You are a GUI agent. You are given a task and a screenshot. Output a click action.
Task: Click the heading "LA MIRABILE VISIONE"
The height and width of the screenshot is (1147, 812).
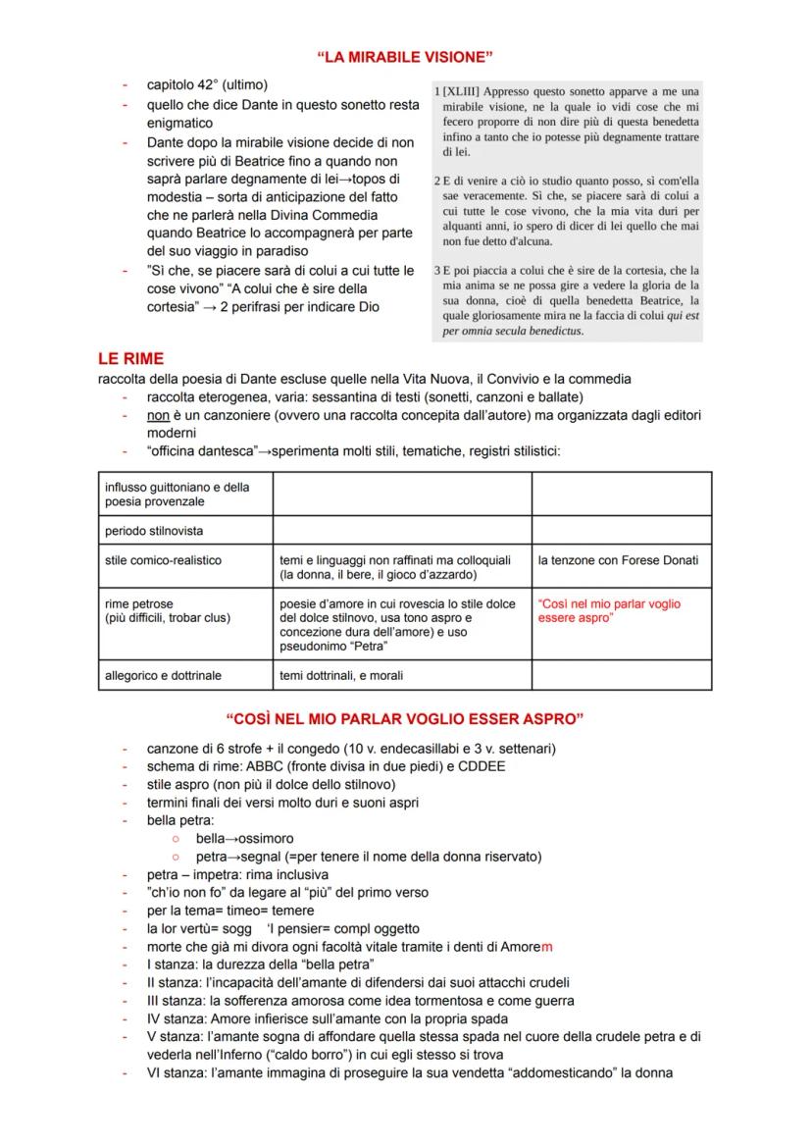pyautogui.click(x=405, y=59)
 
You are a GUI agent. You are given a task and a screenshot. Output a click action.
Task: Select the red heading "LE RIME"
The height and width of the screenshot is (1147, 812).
pyautogui.click(x=130, y=359)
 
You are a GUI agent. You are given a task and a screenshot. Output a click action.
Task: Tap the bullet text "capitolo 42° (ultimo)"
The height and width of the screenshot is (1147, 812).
pyautogui.click(x=207, y=85)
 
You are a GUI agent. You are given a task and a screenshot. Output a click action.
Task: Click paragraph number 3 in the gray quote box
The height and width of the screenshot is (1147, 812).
pyautogui.click(x=436, y=270)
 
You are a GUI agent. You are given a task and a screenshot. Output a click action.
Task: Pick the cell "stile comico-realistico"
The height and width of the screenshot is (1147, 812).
pyautogui.click(x=163, y=560)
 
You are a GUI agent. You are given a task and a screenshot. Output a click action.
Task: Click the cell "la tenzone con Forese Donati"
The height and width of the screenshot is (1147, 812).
pyautogui.click(x=618, y=560)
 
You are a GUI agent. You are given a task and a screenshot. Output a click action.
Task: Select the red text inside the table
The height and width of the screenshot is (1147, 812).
pyautogui.click(x=609, y=610)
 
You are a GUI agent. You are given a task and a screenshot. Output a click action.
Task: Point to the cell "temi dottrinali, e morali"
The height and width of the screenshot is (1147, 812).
pyautogui.click(x=341, y=675)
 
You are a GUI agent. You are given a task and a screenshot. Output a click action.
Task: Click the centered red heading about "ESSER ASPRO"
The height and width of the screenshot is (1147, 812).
pyautogui.click(x=405, y=719)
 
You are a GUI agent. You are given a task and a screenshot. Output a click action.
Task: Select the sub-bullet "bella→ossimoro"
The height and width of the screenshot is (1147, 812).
pyautogui.click(x=244, y=839)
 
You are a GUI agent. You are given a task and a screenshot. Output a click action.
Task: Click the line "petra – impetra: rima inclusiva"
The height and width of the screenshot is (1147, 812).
pyautogui.click(x=237, y=874)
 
